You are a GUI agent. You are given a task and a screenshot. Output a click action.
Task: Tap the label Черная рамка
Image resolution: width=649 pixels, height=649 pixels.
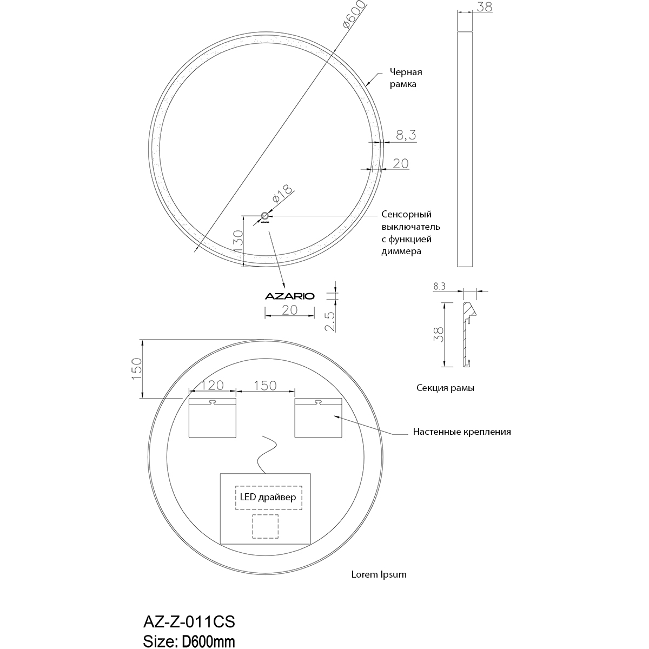(x=405, y=78)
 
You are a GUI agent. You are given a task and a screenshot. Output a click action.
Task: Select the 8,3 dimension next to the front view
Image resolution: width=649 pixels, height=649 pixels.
(x=405, y=135)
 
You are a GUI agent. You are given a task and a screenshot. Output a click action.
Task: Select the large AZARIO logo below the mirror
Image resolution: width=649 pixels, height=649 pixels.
(x=289, y=296)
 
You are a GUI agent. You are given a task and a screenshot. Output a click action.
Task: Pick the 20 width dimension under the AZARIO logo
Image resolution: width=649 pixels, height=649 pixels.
(x=289, y=309)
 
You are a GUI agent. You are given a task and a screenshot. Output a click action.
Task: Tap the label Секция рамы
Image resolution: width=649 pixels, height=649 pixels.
(x=446, y=388)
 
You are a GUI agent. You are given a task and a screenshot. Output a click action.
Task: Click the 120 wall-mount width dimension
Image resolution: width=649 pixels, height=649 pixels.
(x=213, y=385)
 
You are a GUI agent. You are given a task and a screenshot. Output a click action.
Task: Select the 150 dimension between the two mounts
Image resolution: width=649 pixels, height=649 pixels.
(x=265, y=385)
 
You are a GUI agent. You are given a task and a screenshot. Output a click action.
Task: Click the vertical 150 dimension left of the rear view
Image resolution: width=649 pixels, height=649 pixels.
(x=137, y=369)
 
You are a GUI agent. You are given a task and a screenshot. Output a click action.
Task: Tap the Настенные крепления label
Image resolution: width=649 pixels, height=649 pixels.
(x=461, y=432)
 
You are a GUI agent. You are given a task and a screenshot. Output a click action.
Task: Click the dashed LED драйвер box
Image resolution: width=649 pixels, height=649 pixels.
(x=268, y=498)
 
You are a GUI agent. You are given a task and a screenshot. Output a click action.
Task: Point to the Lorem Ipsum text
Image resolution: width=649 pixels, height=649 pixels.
(x=379, y=574)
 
